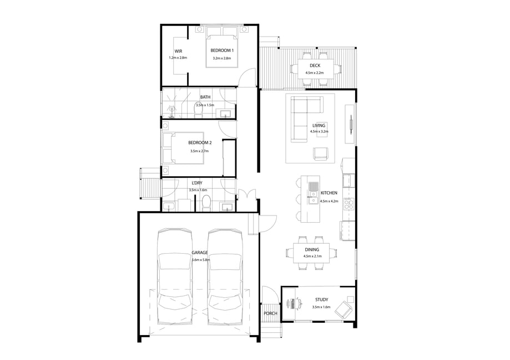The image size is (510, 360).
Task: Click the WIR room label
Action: click(178, 52)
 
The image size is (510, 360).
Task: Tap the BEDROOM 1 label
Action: click(222, 50)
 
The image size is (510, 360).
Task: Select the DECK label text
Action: click(315, 65)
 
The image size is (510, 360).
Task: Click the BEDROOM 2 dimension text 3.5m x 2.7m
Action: click(199, 151)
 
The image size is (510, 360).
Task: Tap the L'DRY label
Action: click(197, 183)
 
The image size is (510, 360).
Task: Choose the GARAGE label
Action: click(200, 253)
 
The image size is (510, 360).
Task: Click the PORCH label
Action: click(270, 313)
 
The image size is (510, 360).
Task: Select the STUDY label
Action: click(321, 300)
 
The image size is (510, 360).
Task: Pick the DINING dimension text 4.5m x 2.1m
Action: click(312, 256)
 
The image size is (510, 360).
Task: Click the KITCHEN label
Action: click(329, 193)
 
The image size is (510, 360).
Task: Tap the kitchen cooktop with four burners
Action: click(349, 203)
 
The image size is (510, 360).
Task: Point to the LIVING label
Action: click(319, 126)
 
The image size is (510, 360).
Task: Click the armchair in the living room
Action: click(321, 153)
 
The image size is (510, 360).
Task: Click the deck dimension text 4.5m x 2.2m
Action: click(315, 73)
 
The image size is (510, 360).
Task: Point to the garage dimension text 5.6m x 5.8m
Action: click(200, 260)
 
